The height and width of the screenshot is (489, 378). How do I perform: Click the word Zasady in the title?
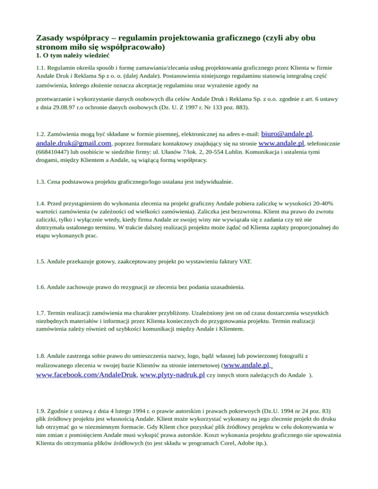tap(51, 38)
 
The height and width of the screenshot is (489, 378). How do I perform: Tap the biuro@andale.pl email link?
tap(286, 133)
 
